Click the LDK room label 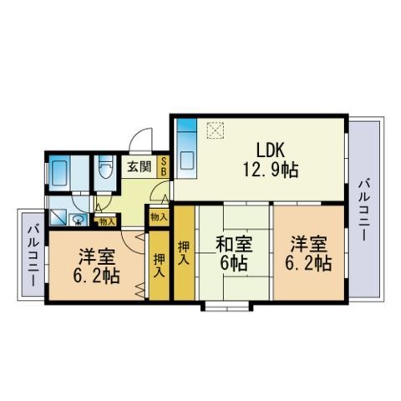click(x=271, y=150)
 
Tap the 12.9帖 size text click(x=271, y=170)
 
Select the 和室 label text click(x=235, y=245)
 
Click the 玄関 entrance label click(x=140, y=166)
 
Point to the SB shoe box click(x=164, y=166)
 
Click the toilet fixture click(x=105, y=166)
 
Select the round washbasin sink click(x=78, y=221)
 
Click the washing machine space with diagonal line click(x=58, y=217)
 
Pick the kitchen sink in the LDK click(x=187, y=161)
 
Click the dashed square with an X click(x=215, y=130)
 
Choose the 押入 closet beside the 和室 click(x=184, y=253)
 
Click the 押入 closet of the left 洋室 click(x=159, y=266)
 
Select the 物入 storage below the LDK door click(x=159, y=217)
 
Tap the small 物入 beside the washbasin click(x=107, y=222)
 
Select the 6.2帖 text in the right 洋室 click(x=308, y=263)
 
